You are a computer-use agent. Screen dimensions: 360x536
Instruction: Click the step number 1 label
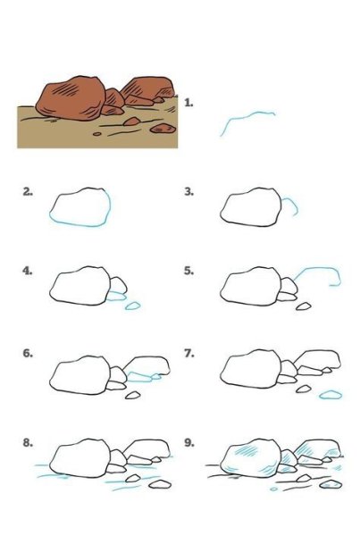point(188,103)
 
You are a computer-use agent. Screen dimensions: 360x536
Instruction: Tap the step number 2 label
point(28,192)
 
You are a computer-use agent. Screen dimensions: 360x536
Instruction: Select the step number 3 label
point(189,192)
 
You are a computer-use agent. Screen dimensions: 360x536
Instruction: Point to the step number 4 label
point(28,271)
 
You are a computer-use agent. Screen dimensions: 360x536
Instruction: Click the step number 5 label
point(189,271)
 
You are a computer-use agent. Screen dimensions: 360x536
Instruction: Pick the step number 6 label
point(28,353)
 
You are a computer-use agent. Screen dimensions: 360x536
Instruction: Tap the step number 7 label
point(189,353)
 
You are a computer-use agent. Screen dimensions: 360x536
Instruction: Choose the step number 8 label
point(28,443)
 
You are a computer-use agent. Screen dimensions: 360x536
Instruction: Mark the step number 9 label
point(189,443)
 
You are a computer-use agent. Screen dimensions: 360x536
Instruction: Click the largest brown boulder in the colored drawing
point(71,98)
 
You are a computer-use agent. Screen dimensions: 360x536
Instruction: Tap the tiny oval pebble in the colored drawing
point(97,134)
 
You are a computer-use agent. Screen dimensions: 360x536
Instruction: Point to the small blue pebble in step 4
point(132,306)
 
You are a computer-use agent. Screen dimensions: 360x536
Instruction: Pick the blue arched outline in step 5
point(318,268)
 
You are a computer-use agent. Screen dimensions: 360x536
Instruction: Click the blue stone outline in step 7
point(331,395)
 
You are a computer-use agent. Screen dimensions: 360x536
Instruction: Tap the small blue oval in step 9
point(273,490)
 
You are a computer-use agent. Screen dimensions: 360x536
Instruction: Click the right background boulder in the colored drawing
point(147,88)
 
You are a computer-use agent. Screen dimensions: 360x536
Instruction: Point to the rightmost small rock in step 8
point(160,483)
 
